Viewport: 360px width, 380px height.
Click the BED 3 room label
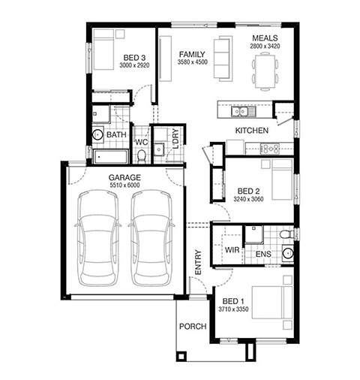click(134, 58)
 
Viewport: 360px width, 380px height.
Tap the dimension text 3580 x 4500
click(193, 62)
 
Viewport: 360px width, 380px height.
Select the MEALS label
click(265, 38)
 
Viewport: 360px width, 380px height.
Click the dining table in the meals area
click(265, 71)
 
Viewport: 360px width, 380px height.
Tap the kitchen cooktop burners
click(270, 149)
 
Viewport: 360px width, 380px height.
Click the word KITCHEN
click(252, 131)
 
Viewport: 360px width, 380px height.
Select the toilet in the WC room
click(142, 155)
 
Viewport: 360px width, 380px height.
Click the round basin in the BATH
click(97, 135)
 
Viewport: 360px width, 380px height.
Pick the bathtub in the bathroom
click(110, 156)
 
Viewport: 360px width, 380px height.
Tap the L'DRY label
click(175, 138)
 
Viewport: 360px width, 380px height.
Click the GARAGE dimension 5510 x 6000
click(124, 185)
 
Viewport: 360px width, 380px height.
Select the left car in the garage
click(97, 238)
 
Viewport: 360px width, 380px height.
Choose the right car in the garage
click(151, 238)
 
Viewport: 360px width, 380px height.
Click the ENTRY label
click(198, 262)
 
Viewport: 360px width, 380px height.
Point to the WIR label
click(232, 250)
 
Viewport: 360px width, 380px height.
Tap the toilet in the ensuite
click(286, 234)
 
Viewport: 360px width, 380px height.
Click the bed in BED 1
click(272, 303)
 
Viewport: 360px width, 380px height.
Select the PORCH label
click(193, 327)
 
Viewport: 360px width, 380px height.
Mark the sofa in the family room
click(223, 59)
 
